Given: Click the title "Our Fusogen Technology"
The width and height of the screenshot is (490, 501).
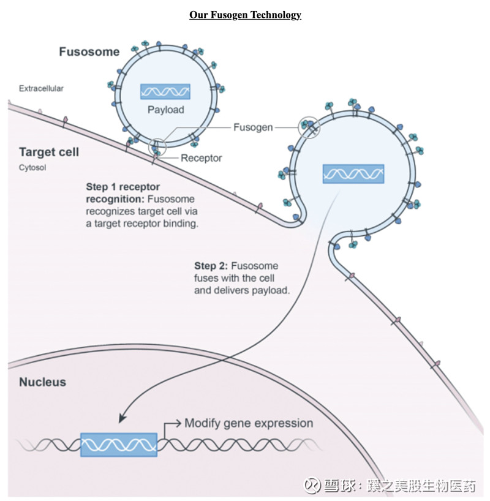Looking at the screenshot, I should tap(245, 15).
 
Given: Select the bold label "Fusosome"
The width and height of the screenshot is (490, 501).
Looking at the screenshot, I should tap(89, 52).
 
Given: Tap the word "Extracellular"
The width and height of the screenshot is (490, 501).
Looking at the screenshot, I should tap(41, 89).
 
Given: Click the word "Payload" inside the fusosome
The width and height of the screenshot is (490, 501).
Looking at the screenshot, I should tap(165, 110).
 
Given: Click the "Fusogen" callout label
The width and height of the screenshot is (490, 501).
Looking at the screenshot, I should tap(252, 127).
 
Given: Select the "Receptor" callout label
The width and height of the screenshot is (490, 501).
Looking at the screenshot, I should tap(201, 158).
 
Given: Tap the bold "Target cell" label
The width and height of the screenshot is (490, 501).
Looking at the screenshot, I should tap(49, 152).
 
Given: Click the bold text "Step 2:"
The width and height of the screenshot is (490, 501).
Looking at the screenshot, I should tap(211, 266).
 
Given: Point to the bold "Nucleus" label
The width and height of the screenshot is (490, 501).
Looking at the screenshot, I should tap(42, 382).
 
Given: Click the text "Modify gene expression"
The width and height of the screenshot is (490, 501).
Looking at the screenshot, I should tap(249, 423).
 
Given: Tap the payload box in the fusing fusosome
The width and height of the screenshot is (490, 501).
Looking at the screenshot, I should tap(353, 174).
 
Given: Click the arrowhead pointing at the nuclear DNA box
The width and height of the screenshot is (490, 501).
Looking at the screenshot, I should tap(123, 418).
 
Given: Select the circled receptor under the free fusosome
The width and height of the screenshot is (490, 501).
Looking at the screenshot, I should tap(157, 146).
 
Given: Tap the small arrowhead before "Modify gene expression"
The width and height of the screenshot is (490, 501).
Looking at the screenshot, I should tap(179, 423).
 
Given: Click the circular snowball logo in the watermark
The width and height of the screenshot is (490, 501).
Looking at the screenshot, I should tap(313, 486).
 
